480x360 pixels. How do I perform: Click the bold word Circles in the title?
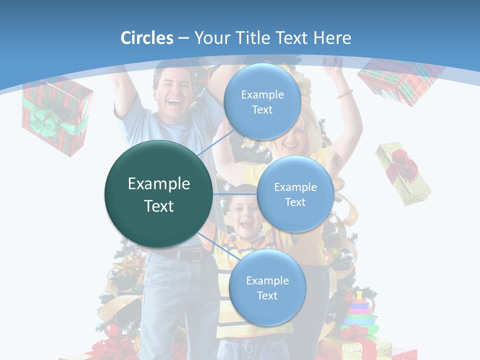(x=146, y=38)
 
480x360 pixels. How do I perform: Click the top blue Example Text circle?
(x=262, y=102)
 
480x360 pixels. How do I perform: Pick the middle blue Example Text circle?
(x=295, y=194)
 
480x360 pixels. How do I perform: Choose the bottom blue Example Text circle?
(x=267, y=288)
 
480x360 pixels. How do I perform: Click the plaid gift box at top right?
(x=400, y=80)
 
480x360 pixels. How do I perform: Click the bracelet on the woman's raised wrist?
(x=344, y=93)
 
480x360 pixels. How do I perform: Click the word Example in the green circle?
(x=158, y=184)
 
